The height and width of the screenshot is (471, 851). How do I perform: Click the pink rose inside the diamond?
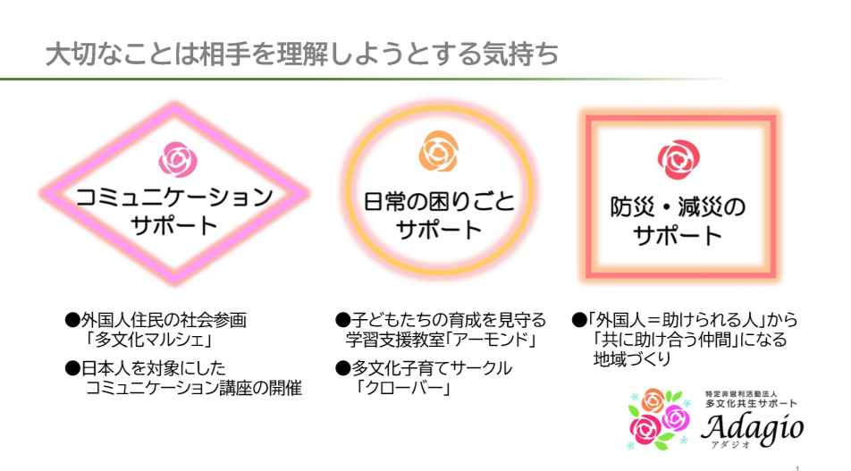[x=178, y=159]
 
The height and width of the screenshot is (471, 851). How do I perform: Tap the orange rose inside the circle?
[x=439, y=151]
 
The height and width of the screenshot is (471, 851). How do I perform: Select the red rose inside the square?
[x=678, y=159]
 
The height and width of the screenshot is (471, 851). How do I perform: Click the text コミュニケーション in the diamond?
[x=174, y=198]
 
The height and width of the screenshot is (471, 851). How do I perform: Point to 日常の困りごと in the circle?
[x=439, y=201]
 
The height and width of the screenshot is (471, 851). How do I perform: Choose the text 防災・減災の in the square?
[x=678, y=207]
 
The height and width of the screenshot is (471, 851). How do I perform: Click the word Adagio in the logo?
[x=752, y=428]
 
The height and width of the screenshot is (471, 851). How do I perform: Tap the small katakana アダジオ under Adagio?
[x=730, y=445]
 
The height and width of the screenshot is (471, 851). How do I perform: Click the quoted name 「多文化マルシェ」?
[x=148, y=340]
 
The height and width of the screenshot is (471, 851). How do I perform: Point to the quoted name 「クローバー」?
[x=403, y=388]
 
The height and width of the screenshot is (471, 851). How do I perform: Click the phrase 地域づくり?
[x=632, y=359]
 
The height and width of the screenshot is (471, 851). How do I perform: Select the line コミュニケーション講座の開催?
[x=194, y=388]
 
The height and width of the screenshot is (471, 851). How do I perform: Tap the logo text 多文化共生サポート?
[x=751, y=404]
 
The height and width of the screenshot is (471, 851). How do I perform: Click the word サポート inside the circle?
[x=439, y=230]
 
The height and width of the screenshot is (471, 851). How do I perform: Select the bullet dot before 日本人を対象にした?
[x=72, y=369]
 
